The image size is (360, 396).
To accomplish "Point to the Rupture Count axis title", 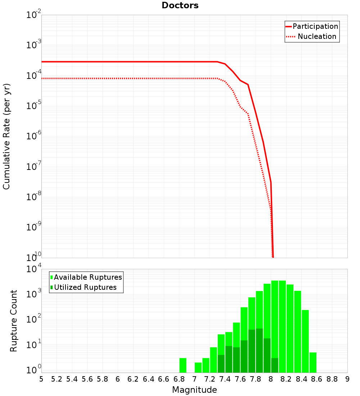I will tap(14, 320).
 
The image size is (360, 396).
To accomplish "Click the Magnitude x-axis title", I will tap(194, 390).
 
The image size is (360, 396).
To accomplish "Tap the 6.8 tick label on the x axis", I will tap(179, 379).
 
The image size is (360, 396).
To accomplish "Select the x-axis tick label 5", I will tap(41, 379).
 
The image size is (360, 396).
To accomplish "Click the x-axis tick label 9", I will tap(347, 379).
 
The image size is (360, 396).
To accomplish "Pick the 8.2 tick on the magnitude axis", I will tap(286, 379).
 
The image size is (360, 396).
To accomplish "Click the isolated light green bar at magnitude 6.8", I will tap(183, 365).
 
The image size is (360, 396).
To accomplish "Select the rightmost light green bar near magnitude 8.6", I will tap(313, 363).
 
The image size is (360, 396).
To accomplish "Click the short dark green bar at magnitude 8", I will tap(275, 365).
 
